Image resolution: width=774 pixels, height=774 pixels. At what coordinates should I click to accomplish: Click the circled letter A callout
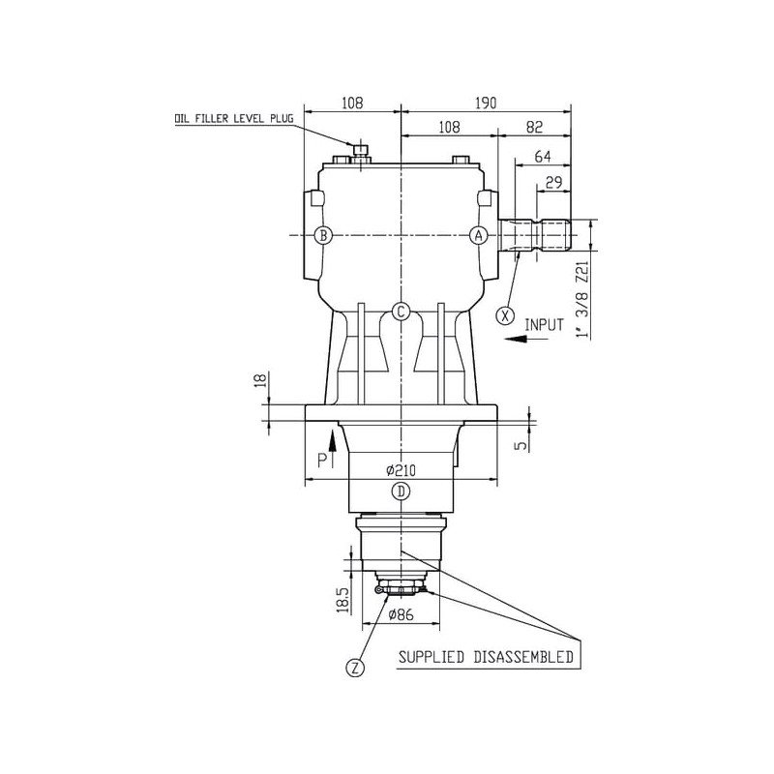coord(478,235)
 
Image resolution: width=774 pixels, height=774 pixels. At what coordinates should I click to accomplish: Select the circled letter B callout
coord(323,235)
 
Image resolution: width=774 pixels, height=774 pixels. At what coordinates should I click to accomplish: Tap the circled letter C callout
coord(401,312)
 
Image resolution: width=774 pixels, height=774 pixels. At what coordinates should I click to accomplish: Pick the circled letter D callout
coord(401,491)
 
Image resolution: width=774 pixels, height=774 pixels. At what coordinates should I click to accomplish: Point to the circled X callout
coord(505,315)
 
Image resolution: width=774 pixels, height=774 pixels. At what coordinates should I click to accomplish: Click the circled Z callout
coord(355,668)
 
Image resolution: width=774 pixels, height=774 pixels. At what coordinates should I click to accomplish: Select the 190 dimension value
coord(486,104)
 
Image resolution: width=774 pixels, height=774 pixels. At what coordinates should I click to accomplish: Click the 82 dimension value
coord(535,127)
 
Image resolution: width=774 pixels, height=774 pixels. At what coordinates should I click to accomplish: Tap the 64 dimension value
coord(543,157)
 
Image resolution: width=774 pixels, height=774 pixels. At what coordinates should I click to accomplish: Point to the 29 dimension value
coord(553,183)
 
